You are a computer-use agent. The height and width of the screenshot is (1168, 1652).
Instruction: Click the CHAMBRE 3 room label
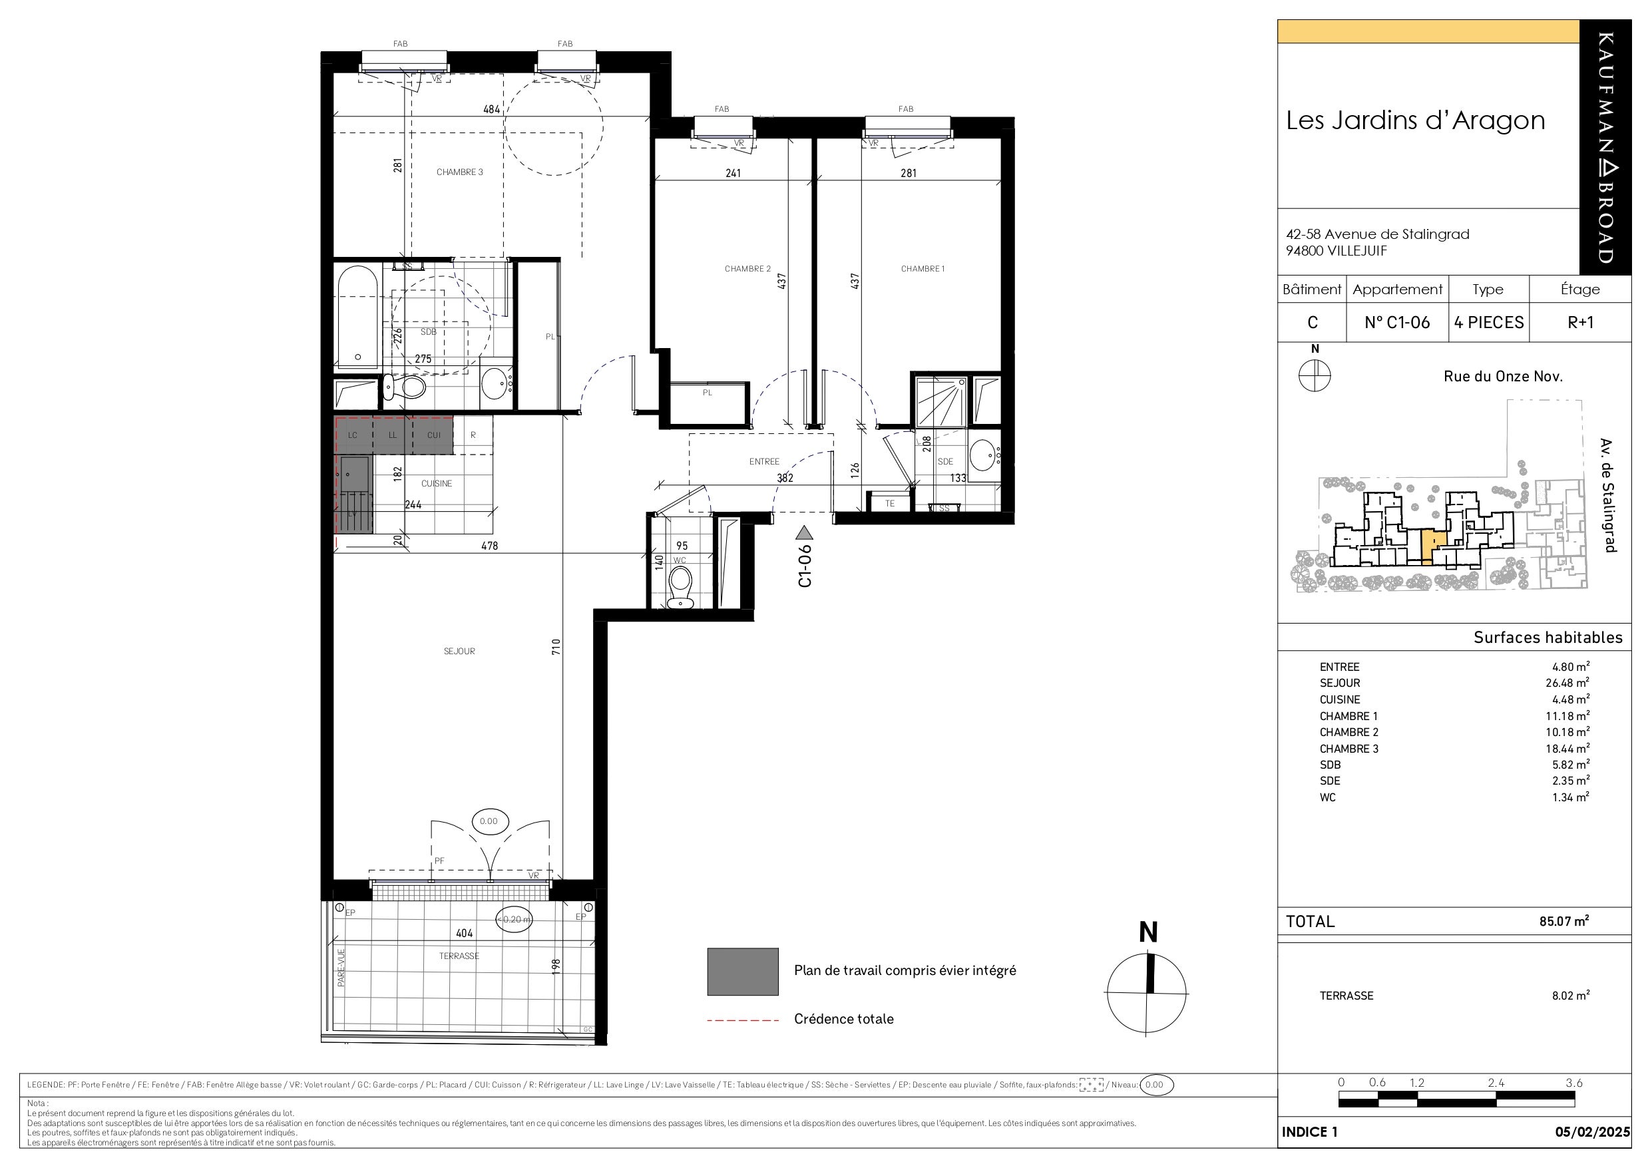coord(460,172)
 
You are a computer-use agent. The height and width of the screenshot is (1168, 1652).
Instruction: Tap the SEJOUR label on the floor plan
coord(459,652)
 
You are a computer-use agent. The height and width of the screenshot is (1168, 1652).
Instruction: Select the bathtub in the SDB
coord(357,318)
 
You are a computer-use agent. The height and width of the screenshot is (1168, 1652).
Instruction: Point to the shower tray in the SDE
coord(939,401)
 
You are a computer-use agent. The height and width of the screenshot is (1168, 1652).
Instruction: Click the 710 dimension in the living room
coord(556,647)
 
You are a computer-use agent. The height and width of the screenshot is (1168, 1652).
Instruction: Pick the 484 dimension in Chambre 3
coord(491,109)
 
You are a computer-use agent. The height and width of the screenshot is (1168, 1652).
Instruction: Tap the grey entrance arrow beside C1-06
coord(805,533)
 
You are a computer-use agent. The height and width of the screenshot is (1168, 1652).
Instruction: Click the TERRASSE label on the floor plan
coord(459,956)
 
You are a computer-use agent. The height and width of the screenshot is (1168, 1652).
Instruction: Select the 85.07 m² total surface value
coord(1564,920)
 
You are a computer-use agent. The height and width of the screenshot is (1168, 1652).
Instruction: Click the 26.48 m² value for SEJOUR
coord(1567,682)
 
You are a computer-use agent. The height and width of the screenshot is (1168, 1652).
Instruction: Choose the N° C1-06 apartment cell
coord(1397,322)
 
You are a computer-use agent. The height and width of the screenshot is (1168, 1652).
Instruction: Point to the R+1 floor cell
coord(1581,322)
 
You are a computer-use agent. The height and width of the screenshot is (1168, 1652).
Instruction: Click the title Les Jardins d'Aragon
coord(1415,121)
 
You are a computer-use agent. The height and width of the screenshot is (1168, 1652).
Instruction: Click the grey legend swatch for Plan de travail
coord(743,972)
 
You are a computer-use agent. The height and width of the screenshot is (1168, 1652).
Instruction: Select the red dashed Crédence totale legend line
coord(743,1020)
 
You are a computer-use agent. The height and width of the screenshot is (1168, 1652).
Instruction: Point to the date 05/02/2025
coord(1592,1132)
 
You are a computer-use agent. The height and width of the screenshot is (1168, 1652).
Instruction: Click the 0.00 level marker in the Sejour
coord(489,821)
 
